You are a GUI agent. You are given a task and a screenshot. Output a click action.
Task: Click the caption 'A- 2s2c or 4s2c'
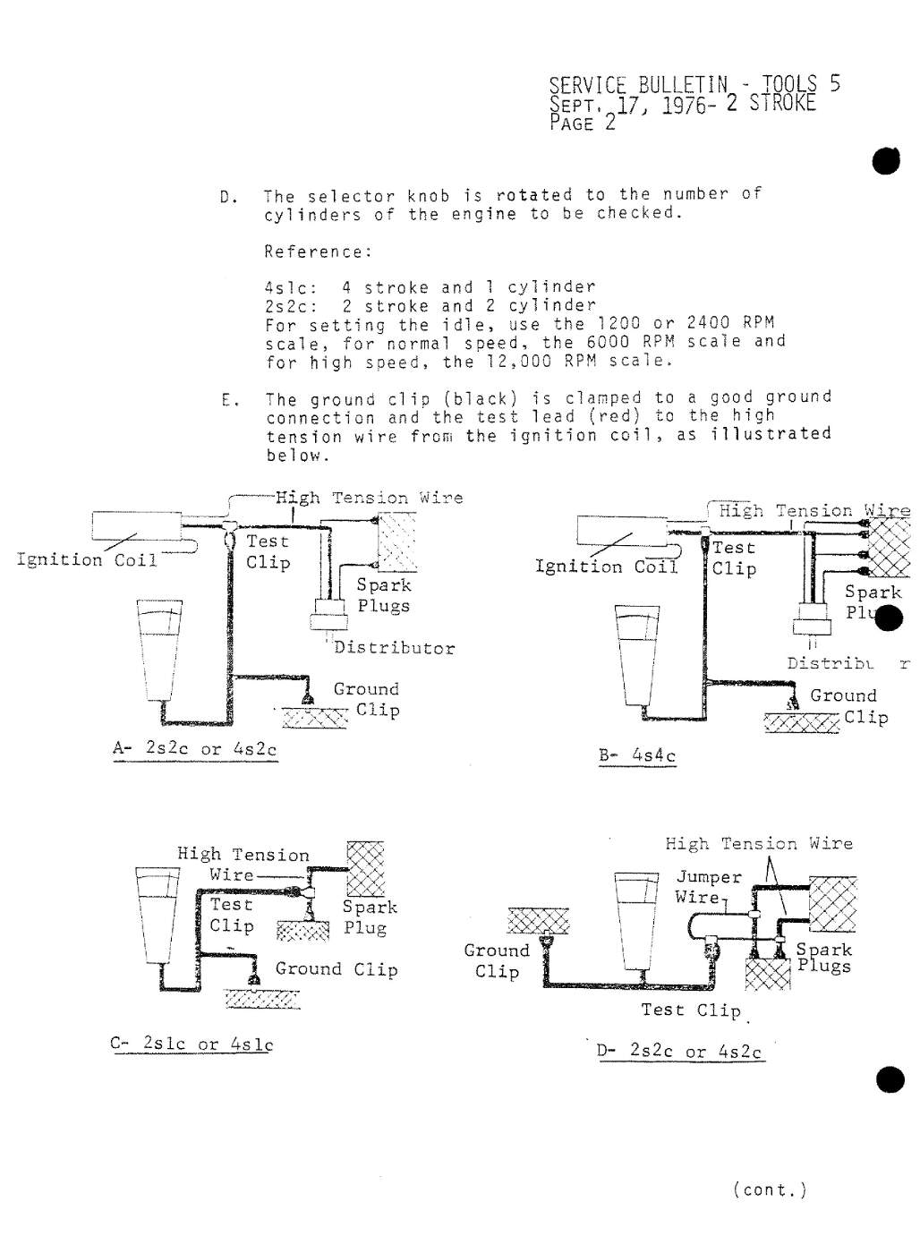coord(195,749)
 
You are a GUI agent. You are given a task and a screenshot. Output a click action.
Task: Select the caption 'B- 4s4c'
coord(637,755)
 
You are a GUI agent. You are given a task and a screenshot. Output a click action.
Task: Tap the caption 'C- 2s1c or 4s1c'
coord(192,1044)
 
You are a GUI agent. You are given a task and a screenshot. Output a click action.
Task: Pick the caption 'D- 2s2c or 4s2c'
coord(680,1051)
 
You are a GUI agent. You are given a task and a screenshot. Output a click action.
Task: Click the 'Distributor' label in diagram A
coord(394,648)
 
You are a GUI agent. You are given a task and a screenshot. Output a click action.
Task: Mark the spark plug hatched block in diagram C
coord(365,867)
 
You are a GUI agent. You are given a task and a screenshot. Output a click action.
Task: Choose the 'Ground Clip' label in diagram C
coord(336,969)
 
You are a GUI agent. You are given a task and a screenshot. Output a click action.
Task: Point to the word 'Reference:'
coord(318,251)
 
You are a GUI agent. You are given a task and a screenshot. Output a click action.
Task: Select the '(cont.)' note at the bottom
coord(770,1189)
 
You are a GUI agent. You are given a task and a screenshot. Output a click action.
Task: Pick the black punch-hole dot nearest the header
coord(887,162)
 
